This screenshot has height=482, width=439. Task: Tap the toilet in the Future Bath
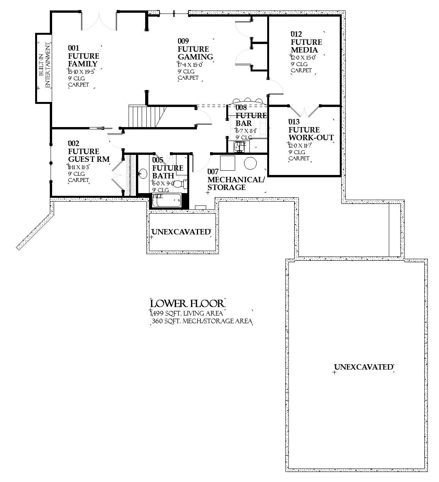179,184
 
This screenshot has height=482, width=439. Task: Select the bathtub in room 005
167,200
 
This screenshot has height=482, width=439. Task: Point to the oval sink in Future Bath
143,174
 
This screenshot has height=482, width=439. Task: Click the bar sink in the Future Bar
239,146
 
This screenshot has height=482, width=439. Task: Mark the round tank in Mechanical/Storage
250,163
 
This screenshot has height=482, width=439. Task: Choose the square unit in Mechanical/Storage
227,163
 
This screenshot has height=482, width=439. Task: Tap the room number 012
296,34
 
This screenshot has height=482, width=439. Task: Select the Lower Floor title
187,303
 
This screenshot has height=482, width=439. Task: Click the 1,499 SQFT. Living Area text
187,314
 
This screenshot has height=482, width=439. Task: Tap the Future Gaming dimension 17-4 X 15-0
190,64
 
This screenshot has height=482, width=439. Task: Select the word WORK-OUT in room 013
311,137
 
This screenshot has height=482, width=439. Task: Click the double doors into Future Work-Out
305,111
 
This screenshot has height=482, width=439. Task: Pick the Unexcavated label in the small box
181,232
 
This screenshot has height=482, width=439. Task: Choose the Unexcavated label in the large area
363,367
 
